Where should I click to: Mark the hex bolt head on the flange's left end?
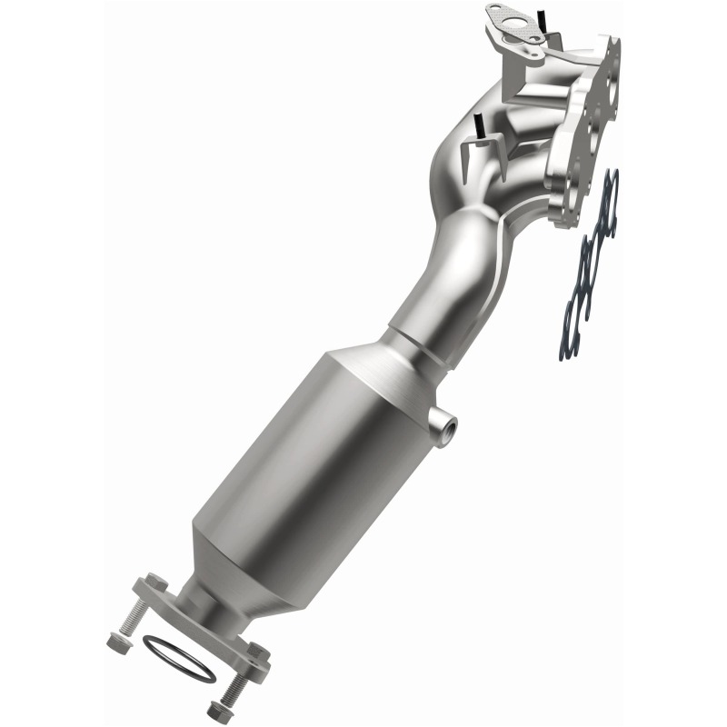[x=154, y=582]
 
